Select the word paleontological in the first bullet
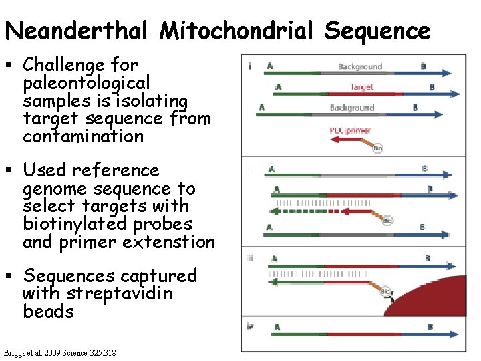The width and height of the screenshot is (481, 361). pos(86,83)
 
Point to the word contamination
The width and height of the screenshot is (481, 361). pos(83,136)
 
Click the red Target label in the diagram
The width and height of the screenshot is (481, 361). pos(361,87)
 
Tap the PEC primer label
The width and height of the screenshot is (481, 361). pos(349,130)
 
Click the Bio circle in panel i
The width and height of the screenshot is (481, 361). pos(378,148)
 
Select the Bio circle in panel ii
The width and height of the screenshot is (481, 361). pos(387,220)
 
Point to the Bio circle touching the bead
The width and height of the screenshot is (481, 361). pos(385,291)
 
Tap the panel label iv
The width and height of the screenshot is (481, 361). pos(250,326)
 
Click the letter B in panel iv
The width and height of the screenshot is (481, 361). pos(430,326)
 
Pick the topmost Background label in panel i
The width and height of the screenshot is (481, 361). pos(360,66)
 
